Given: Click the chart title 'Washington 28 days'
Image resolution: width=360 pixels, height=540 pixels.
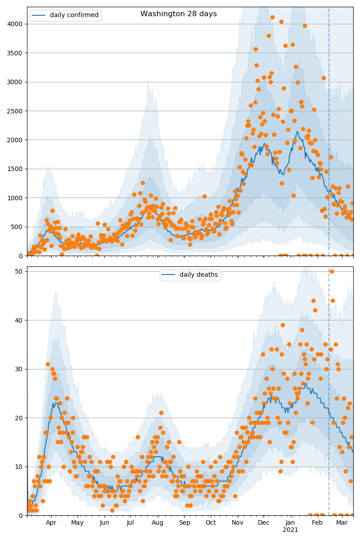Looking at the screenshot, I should point(179,14).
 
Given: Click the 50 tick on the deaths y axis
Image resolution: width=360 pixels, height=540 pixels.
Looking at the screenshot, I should point(20,271).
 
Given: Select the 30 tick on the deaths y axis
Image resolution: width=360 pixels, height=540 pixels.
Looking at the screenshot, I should point(20,369).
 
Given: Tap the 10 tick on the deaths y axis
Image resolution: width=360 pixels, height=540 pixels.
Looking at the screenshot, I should point(20,467).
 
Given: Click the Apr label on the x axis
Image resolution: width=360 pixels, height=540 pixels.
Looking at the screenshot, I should point(51,523).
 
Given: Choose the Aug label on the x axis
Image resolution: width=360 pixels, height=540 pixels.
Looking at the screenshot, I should point(157,523).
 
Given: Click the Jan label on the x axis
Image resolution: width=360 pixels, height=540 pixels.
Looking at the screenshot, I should point(290,523).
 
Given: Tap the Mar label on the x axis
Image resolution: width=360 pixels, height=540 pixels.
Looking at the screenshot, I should point(342,523).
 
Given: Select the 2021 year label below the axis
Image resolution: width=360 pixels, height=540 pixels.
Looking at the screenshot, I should point(290,530).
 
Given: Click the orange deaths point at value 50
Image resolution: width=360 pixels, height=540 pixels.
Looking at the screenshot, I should point(332,271).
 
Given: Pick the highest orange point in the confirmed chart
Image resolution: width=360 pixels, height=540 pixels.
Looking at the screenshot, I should point(272,18).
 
